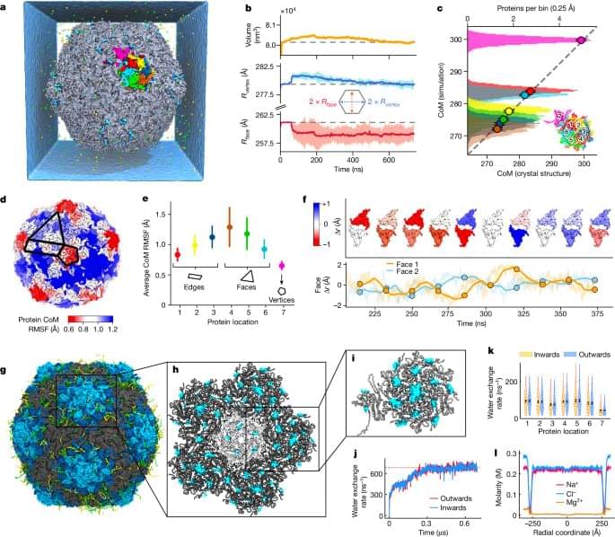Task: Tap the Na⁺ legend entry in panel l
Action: (573, 470)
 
